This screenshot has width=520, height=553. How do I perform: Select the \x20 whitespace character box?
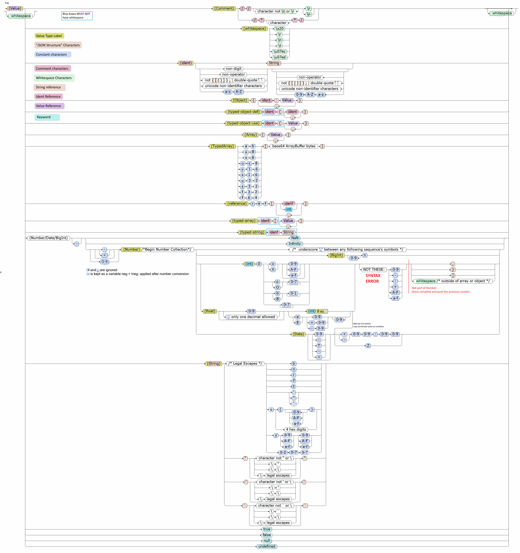(279, 29)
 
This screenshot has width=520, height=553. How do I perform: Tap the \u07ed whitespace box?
(279, 57)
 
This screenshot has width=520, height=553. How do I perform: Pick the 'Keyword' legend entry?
(47, 117)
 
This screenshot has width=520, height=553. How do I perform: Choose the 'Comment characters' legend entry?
(52, 68)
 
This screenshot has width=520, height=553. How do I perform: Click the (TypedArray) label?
(223, 146)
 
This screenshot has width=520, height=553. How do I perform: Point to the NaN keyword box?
(295, 238)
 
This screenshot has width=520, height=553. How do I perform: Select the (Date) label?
(299, 334)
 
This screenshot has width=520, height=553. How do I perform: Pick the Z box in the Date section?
(368, 346)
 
